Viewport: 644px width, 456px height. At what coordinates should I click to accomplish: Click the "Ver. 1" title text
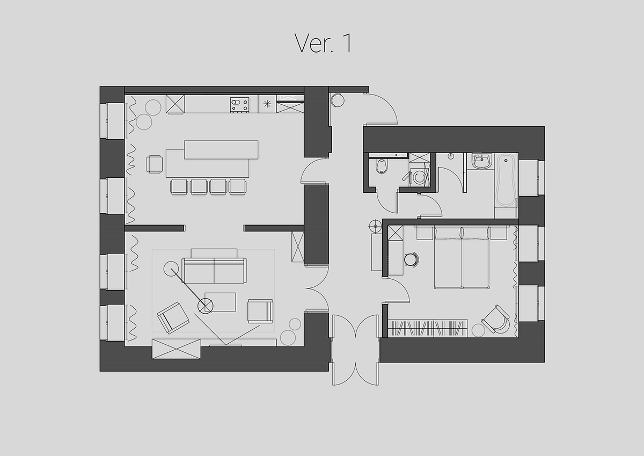(323, 43)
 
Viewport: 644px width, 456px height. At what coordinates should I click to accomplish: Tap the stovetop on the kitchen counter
(239, 105)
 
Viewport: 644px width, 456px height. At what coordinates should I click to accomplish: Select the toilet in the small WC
(382, 167)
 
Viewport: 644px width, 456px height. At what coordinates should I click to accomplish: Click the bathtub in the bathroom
(506, 180)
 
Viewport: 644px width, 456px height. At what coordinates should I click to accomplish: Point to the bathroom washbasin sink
(481, 161)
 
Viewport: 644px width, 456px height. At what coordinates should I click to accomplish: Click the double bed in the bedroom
(462, 257)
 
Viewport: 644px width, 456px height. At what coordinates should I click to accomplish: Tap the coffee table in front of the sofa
(220, 302)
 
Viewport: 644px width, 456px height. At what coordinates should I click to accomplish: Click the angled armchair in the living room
(173, 317)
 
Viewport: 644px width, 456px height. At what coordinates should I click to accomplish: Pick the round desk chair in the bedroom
(412, 259)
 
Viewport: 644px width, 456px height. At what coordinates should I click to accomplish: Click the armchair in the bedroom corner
(495, 320)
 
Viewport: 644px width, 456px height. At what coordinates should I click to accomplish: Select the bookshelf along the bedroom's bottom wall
(428, 328)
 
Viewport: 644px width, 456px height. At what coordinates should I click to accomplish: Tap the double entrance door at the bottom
(355, 350)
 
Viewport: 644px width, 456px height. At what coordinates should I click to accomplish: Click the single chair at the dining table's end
(155, 164)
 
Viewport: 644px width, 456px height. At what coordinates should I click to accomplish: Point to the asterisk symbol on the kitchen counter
(267, 104)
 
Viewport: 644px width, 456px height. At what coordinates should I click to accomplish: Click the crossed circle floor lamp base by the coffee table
(205, 306)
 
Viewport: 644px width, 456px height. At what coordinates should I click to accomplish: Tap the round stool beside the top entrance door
(337, 100)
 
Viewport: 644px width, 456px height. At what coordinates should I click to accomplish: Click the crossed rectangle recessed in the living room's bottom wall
(176, 349)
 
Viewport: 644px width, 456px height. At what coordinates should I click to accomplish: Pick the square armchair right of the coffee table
(260, 311)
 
